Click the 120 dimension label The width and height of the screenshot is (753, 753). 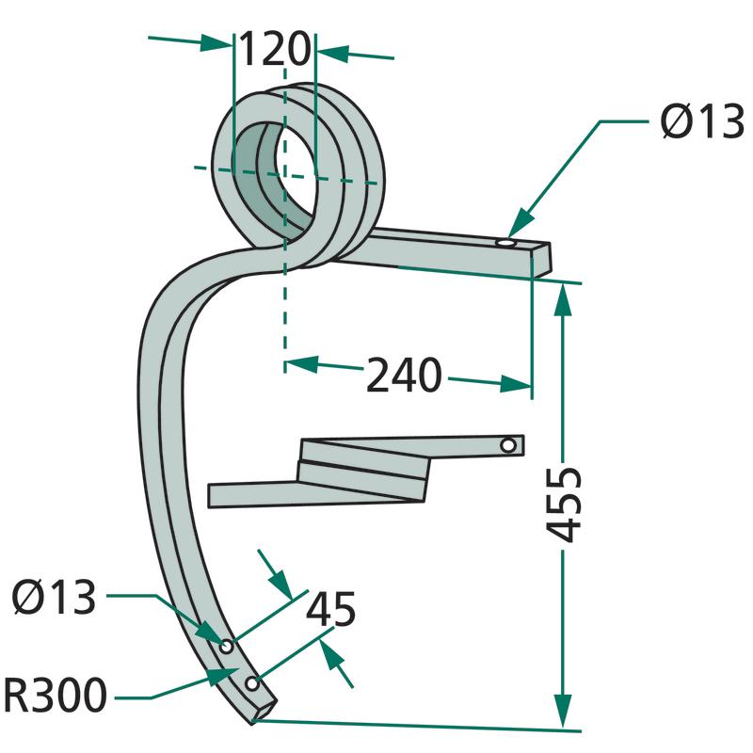[x=274, y=49]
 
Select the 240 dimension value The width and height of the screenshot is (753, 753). [x=404, y=376]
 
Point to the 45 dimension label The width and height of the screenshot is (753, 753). [x=330, y=610]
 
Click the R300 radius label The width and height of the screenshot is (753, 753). [x=55, y=697]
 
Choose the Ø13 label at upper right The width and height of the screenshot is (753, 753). [x=700, y=122]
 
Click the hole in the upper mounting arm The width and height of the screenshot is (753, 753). [x=506, y=244]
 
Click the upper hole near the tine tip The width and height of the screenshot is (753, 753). [x=227, y=646]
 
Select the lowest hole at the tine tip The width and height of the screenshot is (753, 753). [x=250, y=681]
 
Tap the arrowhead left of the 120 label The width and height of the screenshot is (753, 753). [x=222, y=41]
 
